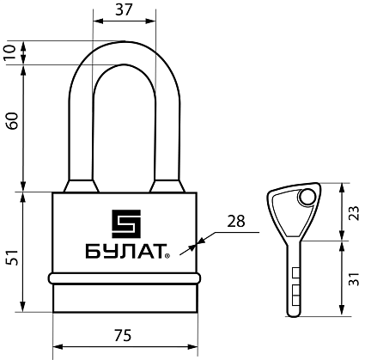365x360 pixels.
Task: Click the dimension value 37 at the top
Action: tap(125, 9)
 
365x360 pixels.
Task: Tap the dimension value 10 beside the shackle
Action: tap(10, 52)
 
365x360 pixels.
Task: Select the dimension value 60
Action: tap(12, 121)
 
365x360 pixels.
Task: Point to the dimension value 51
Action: tap(12, 258)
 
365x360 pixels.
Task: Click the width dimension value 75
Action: tap(123, 335)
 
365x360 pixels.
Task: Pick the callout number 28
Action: tap(236, 221)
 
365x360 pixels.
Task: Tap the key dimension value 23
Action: tap(354, 213)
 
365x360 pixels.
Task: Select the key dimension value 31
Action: tap(354, 278)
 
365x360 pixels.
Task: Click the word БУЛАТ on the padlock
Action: tap(126, 251)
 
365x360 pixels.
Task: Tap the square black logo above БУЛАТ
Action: tap(126, 223)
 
